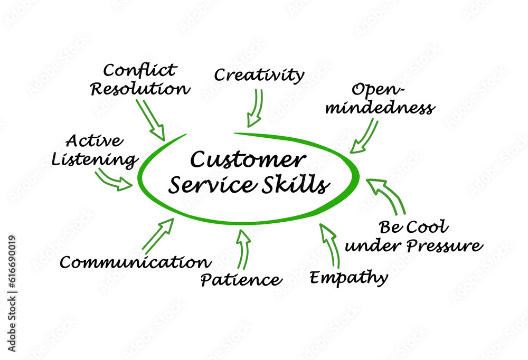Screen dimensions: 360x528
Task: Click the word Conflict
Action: (140, 70)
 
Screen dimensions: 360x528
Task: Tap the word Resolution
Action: (140, 88)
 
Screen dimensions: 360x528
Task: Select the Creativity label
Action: (259, 74)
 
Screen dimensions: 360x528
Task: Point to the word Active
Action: (95, 141)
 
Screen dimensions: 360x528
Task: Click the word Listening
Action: (95, 159)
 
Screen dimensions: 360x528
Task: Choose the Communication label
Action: (135, 262)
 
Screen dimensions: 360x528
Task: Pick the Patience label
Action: (241, 279)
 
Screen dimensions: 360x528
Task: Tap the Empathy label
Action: (348, 277)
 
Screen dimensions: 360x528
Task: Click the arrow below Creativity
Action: (256, 108)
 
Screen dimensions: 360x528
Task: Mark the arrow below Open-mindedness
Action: (365, 136)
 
